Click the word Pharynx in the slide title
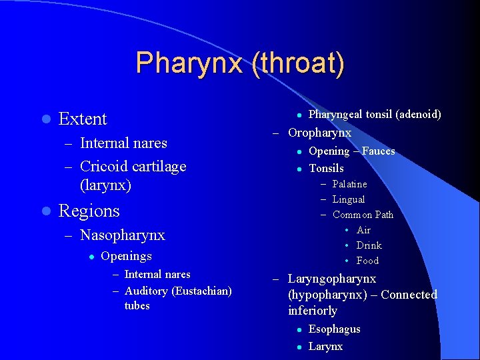pyautogui.click(x=190, y=63)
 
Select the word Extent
pyautogui.click(x=83, y=119)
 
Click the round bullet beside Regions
pyautogui.click(x=45, y=211)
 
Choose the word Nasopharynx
pyautogui.click(x=122, y=235)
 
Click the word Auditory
pyautogui.click(x=146, y=291)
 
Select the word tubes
pyautogui.click(x=137, y=306)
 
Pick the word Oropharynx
pyautogui.click(x=319, y=133)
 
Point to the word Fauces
pyautogui.click(x=378, y=151)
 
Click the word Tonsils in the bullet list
pyautogui.click(x=326, y=168)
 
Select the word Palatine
pyautogui.click(x=349, y=184)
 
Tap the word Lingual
pyautogui.click(x=349, y=199)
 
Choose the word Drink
pyautogui.click(x=369, y=245)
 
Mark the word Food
pyautogui.click(x=367, y=261)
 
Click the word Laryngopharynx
pyautogui.click(x=332, y=279)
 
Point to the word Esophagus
pyautogui.click(x=334, y=329)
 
